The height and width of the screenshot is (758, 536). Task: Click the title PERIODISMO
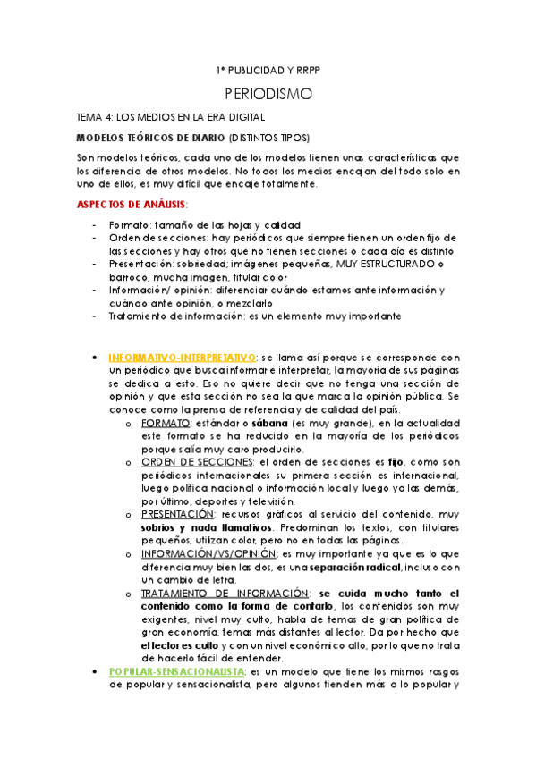268,93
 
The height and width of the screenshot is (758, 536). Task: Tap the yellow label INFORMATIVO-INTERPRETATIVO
183,358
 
